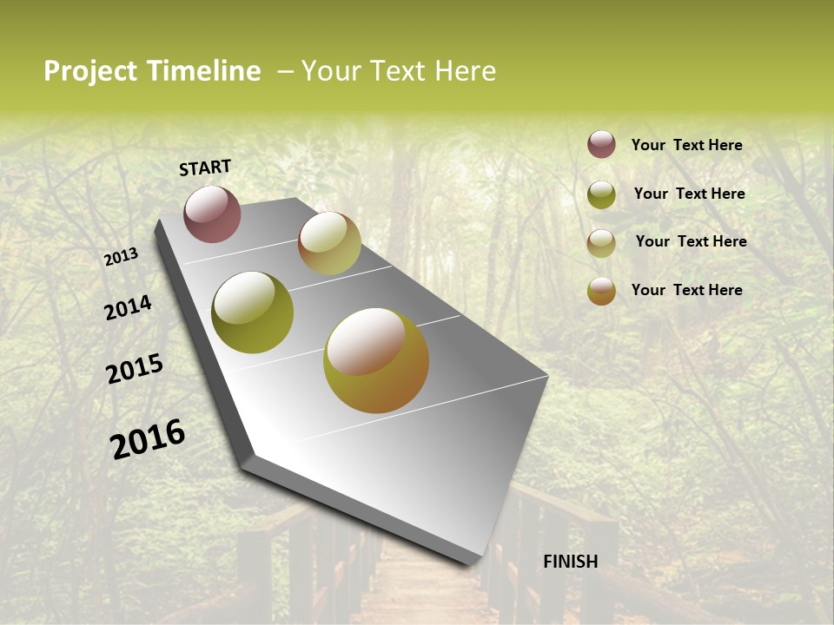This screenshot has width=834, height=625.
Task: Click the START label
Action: (205, 168)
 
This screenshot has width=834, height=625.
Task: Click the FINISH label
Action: (571, 562)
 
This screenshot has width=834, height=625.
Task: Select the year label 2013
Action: (121, 257)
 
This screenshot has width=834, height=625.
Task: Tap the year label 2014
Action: (128, 307)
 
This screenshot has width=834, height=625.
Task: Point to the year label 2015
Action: (135, 369)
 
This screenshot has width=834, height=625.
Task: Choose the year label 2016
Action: (148, 438)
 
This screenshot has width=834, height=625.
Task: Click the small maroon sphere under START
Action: (212, 214)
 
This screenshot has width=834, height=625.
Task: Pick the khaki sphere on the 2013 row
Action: (329, 243)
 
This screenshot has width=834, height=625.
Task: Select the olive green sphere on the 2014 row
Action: (253, 312)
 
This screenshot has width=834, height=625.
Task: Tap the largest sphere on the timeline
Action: (376, 360)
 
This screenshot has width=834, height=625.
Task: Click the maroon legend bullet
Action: (601, 144)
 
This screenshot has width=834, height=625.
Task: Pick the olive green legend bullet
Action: (601, 194)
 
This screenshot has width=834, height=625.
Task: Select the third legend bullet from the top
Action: (601, 243)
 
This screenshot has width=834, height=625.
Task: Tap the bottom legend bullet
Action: (601, 291)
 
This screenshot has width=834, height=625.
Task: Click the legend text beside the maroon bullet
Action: (686, 145)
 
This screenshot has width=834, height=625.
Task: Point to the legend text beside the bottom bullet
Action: (686, 290)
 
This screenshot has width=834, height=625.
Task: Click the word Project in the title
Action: (90, 71)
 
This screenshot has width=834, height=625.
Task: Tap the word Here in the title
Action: (465, 71)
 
